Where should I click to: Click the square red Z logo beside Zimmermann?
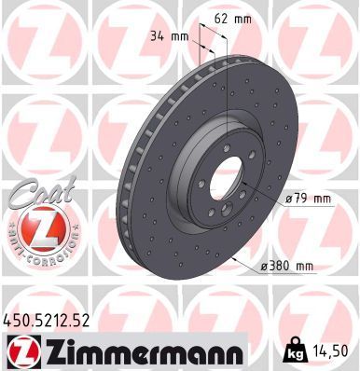click(x=24, y=350)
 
